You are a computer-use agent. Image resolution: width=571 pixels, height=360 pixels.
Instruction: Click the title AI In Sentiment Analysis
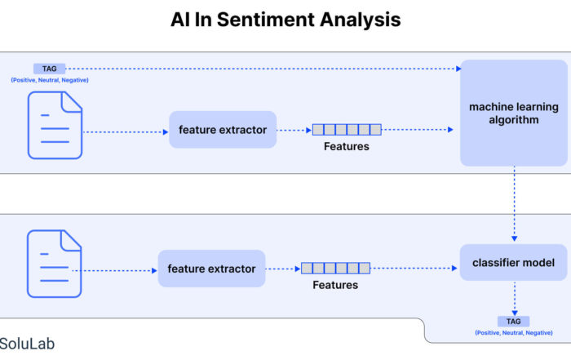coord(285,20)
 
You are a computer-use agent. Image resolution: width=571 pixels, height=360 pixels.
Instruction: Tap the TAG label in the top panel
coord(49,69)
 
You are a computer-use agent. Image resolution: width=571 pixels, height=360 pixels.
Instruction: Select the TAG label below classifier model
coord(513,322)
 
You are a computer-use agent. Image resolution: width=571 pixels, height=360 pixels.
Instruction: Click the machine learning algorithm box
coord(514,113)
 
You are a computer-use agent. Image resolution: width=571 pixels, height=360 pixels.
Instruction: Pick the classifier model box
coord(513,262)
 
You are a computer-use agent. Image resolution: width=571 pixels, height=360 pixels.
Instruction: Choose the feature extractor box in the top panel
coord(223,130)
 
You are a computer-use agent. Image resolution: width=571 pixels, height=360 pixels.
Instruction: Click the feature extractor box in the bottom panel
coord(211,269)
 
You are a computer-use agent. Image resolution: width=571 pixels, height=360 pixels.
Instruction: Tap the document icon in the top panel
coord(55,125)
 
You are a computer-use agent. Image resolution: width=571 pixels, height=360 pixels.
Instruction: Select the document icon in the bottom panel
coord(55,264)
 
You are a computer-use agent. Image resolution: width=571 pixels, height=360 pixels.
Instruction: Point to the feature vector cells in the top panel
coord(347,129)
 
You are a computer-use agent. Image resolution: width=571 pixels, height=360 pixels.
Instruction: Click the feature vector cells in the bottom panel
coord(336,269)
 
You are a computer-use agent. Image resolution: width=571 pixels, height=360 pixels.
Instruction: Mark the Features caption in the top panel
coord(347,146)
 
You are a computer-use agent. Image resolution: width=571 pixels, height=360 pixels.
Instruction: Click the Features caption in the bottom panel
coord(335,285)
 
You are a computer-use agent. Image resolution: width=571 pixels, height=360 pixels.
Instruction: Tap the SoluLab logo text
coord(27,344)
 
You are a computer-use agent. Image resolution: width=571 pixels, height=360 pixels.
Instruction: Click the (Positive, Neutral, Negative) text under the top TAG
coord(50,80)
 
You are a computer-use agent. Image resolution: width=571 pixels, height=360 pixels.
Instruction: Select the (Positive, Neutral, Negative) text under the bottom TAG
coord(514,333)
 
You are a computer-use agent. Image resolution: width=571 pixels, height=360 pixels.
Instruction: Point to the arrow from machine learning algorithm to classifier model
coord(514,204)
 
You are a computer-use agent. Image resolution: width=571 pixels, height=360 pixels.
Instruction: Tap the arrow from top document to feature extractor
coord(126,132)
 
